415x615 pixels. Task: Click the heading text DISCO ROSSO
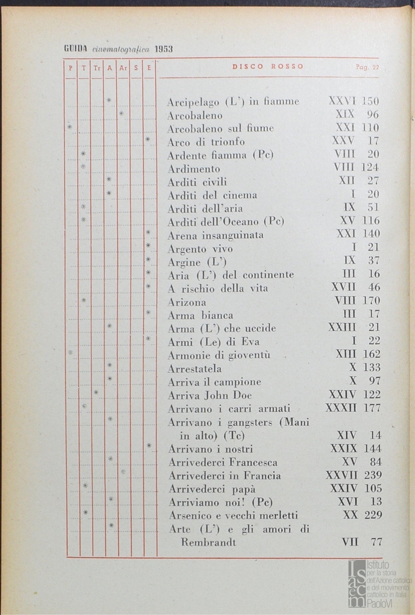pyautogui.click(x=268, y=67)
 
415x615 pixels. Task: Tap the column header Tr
pyautogui.click(x=97, y=67)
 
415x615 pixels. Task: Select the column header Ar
pyautogui.click(x=123, y=67)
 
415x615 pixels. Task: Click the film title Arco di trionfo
pyautogui.click(x=206, y=141)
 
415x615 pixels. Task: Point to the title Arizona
pyautogui.click(x=187, y=302)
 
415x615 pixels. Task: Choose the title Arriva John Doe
pyautogui.click(x=210, y=395)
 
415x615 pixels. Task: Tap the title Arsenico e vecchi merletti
pyautogui.click(x=233, y=515)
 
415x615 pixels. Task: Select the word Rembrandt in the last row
pyautogui.click(x=208, y=542)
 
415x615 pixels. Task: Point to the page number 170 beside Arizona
pyautogui.click(x=371, y=301)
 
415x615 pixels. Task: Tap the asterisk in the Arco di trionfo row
pyautogui.click(x=148, y=139)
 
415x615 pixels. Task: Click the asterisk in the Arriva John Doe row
pyautogui.click(x=96, y=392)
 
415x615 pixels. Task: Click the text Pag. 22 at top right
pyautogui.click(x=367, y=67)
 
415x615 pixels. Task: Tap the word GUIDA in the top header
pyautogui.click(x=73, y=49)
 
